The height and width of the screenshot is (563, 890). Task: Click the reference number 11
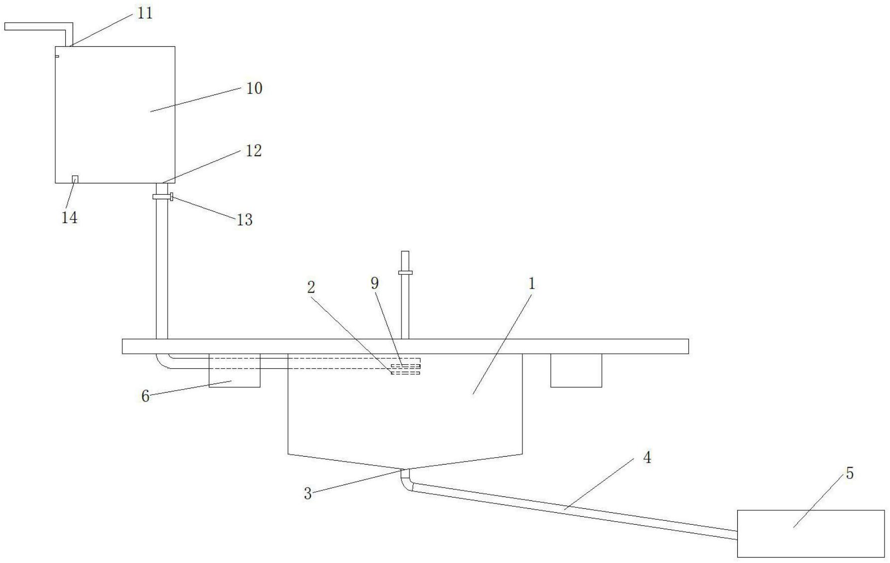[145, 13]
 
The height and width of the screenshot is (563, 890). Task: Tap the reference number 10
[254, 88]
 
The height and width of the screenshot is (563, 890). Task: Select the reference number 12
[254, 151]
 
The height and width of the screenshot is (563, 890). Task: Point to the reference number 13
[244, 220]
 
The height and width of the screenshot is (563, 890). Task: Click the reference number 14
[69, 218]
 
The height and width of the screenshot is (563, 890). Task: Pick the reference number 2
[311, 287]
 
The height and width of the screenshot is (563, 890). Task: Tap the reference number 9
[375, 283]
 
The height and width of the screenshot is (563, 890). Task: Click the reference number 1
[532, 284]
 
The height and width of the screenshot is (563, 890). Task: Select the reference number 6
[145, 396]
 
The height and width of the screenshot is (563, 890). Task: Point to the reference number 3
[307, 493]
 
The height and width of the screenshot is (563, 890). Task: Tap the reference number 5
[850, 474]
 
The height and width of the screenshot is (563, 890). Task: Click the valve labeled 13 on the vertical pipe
[163, 197]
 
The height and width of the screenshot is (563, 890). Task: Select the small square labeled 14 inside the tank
[75, 179]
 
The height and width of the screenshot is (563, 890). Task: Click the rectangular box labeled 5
[811, 534]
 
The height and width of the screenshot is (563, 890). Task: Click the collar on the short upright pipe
[405, 272]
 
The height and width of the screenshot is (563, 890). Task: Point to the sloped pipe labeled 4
[572, 509]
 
